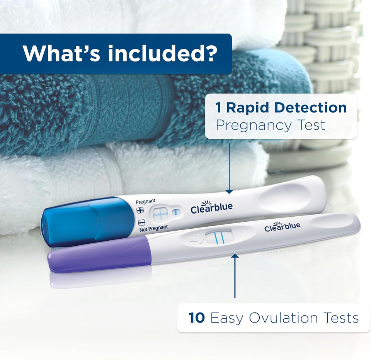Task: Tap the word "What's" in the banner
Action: tap(62, 54)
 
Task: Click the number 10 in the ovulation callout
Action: tap(197, 318)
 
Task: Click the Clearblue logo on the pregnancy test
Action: tap(212, 207)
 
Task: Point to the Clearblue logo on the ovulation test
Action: tap(282, 226)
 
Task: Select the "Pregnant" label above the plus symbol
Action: tap(146, 201)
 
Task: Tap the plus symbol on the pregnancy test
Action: tap(140, 210)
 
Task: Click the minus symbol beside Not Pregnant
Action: tap(141, 222)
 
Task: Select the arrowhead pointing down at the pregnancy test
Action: tap(229, 191)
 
